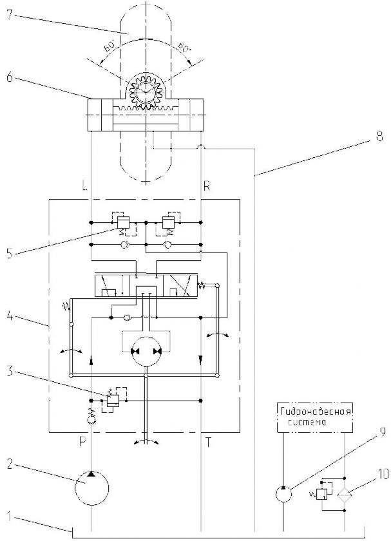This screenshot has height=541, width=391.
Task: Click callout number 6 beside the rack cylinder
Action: click(10, 77)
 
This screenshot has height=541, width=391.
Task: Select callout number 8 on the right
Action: click(379, 137)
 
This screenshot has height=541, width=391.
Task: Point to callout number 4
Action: click(10, 316)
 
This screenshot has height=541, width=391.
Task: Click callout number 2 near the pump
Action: click(10, 464)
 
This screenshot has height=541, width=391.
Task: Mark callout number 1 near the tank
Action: click(10, 517)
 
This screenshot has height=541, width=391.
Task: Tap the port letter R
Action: click(207, 187)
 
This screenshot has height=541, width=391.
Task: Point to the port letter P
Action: click(82, 442)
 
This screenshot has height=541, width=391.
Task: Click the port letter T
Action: click(208, 442)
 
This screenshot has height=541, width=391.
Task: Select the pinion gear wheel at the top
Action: click(146, 90)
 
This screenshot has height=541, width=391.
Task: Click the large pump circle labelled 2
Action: click(92, 489)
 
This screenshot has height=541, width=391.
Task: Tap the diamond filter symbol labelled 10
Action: click(345, 495)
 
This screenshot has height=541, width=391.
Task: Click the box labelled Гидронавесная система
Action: click(315, 417)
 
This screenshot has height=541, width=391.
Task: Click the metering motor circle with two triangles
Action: click(146, 352)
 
